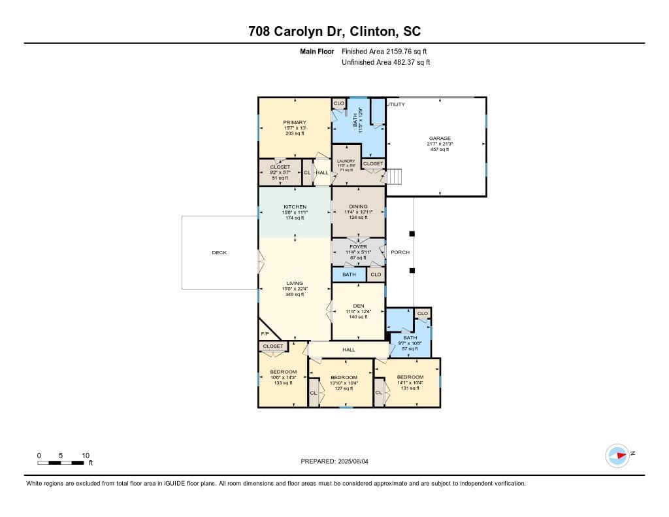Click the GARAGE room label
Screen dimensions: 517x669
coord(440,139)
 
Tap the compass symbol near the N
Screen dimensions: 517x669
coord(617,456)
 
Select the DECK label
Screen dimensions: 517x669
coord(220,252)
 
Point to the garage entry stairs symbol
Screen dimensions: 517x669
coord(395,177)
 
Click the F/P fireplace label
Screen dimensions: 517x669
coord(265,334)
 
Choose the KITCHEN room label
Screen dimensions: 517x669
coord(295,207)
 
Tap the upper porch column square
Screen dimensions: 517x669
coord(412,233)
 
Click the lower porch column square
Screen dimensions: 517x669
coord(412,270)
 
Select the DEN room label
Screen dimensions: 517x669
coord(357,305)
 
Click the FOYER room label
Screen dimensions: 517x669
coord(358,246)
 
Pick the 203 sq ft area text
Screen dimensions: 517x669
coord(295,133)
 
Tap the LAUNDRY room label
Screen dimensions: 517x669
coord(346,161)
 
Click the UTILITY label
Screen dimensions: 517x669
coord(395,105)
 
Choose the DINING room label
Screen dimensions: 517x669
coord(358,207)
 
